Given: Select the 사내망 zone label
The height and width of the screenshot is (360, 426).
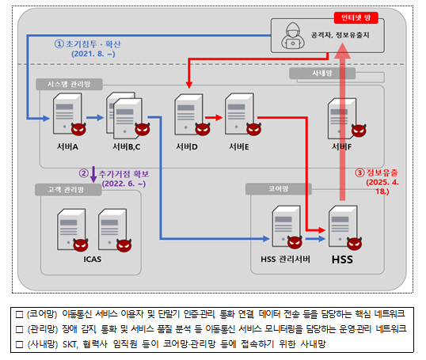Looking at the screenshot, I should (x=321, y=74).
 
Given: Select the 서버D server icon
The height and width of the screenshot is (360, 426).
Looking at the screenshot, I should (x=187, y=116).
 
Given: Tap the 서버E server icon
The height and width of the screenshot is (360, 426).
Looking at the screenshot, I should (x=237, y=116).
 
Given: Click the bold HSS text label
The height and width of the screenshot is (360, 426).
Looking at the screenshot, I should (x=342, y=260).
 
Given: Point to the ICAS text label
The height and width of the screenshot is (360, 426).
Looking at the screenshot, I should (x=93, y=257).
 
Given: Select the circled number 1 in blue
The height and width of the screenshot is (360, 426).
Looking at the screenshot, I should (x=58, y=44).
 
